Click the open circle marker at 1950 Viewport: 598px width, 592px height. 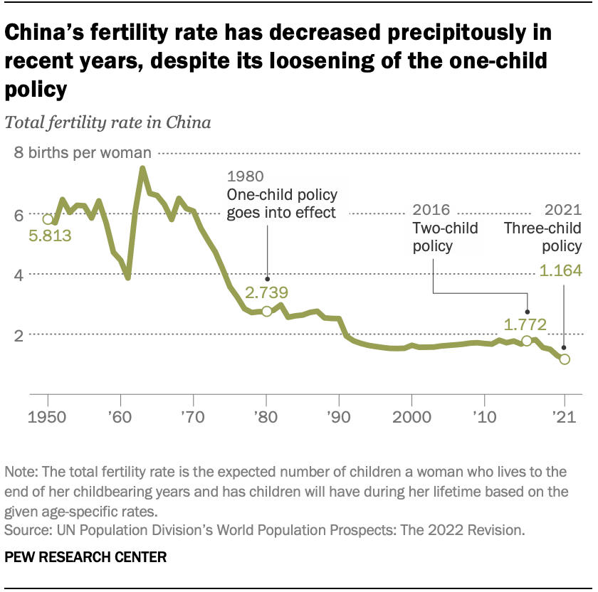pos(48,219)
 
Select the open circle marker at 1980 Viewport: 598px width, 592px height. pos(267,311)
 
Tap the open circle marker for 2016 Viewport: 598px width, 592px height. pos(527,341)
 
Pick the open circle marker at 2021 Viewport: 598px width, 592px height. pos(565,359)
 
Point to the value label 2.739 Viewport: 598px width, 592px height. pos(267,292)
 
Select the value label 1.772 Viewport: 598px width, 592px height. pos(525,324)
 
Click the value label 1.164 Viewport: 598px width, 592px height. pos(560,270)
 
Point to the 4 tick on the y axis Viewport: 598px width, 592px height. pos(19,275)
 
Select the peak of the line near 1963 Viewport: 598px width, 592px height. pos(142,169)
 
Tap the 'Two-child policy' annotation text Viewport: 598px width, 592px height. pos(445,237)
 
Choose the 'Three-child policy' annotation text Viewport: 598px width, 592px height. pos(542,237)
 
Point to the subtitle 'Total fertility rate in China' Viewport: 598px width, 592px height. pos(108,122)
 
